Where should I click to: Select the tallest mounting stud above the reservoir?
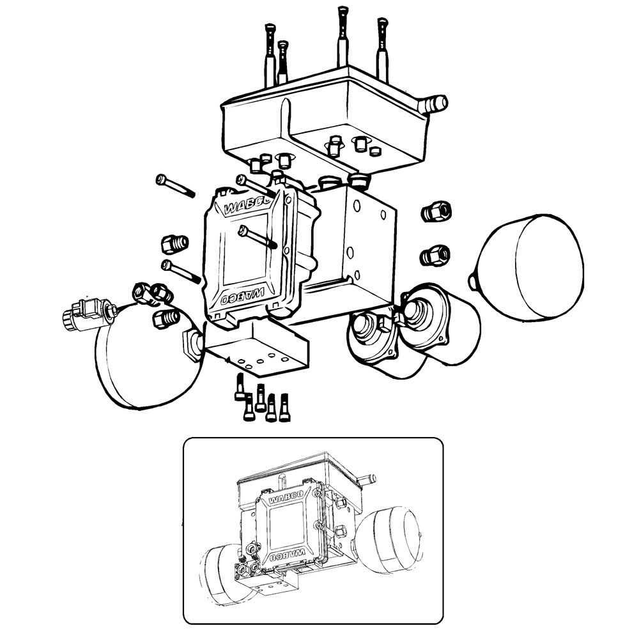[x=343, y=38]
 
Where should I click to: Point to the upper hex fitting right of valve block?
[x=436, y=211]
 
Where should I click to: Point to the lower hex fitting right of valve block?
[x=435, y=256]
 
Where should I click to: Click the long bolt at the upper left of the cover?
[x=174, y=186]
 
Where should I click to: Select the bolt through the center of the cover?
[x=257, y=237]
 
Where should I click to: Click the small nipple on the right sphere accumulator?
[x=472, y=279]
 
